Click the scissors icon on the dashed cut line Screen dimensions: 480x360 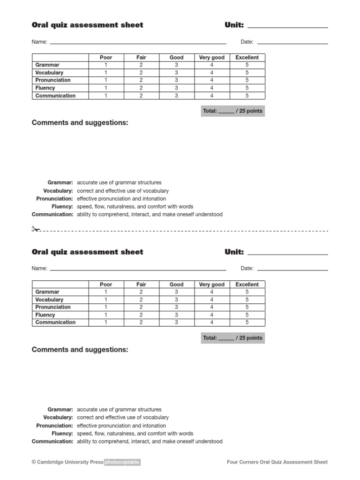[36, 229]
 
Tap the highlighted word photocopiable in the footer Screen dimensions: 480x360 [122, 462]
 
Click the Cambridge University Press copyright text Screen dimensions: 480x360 [67, 462]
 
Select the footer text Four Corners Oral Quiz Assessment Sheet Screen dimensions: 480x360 [277, 462]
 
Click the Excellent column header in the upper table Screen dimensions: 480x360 [247, 58]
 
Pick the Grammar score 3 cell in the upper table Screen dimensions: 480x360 [176, 65]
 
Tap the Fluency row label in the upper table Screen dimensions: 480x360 [45, 88]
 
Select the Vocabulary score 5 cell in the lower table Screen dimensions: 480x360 [247, 300]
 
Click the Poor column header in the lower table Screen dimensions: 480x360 [106, 285]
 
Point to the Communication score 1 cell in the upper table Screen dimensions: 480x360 [106, 96]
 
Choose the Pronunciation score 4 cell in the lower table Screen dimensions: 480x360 [212, 307]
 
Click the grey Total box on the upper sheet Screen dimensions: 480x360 [232, 111]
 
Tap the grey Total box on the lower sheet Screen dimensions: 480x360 [232, 338]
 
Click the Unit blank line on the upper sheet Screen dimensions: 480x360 [287, 27]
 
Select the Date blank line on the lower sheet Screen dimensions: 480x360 [292, 270]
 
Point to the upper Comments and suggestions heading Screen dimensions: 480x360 [80, 123]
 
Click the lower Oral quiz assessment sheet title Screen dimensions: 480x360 [87, 252]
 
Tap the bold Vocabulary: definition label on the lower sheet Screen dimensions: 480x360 [58, 418]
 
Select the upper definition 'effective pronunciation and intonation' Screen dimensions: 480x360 [121, 199]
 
